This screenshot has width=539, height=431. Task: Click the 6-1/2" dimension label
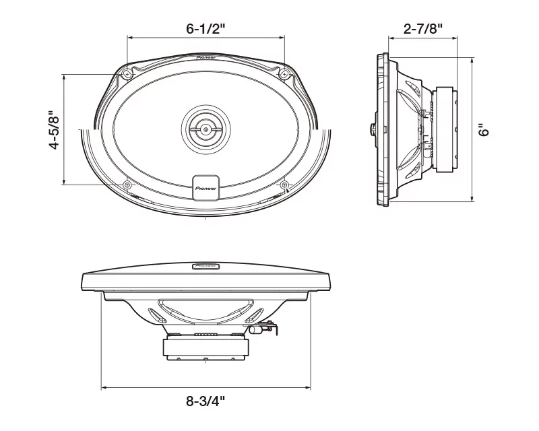[205, 28]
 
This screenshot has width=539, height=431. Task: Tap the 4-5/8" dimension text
[55, 130]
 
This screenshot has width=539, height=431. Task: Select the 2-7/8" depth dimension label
[423, 28]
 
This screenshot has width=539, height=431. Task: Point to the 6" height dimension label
[484, 130]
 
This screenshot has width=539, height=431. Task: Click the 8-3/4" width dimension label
[205, 401]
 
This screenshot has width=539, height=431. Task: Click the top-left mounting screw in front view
[127, 74]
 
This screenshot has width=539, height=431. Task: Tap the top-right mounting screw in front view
[284, 73]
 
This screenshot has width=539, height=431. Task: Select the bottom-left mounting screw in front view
[127, 185]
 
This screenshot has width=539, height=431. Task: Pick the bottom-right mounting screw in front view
[284, 185]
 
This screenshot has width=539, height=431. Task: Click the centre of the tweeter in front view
[205, 129]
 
